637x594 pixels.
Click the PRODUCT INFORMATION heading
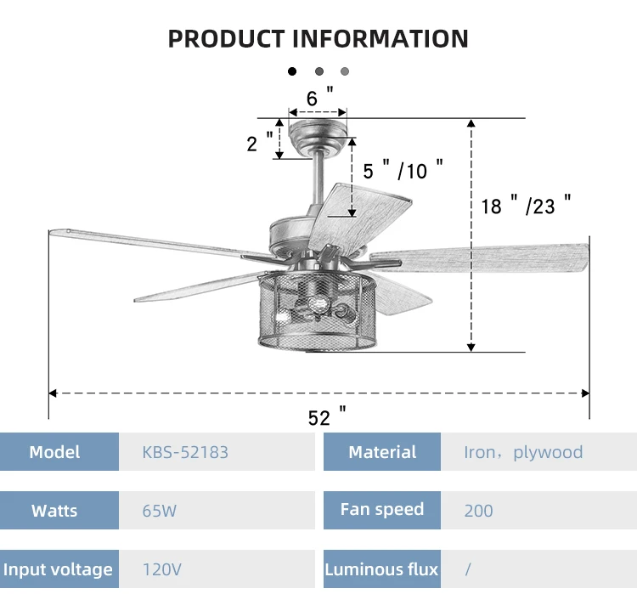pyautogui.click(x=318, y=38)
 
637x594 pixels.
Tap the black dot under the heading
pyautogui.click(x=293, y=72)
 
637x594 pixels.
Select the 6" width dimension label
pyautogui.click(x=318, y=98)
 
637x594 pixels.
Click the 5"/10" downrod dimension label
pyautogui.click(x=403, y=170)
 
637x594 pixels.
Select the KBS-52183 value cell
pyautogui.click(x=185, y=452)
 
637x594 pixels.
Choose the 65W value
pyautogui.click(x=160, y=511)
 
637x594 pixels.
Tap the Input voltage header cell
pyautogui.click(x=58, y=569)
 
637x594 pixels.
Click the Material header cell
pyautogui.click(x=382, y=452)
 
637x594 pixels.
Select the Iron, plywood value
pyautogui.click(x=523, y=452)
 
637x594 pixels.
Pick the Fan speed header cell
pyautogui.click(x=382, y=510)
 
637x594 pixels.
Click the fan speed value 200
pyautogui.click(x=478, y=511)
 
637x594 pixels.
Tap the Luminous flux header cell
pyautogui.click(x=382, y=569)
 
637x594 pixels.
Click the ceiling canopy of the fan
pyautogui.click(x=318, y=134)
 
